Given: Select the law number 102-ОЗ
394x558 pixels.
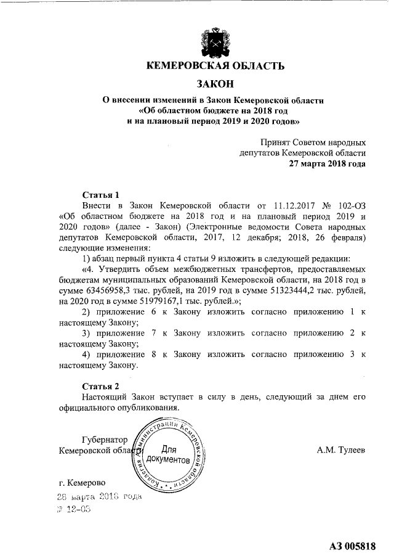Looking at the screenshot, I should pyautogui.click(x=353, y=205).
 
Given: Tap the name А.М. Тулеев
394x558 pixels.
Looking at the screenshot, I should pyautogui.click(x=341, y=451).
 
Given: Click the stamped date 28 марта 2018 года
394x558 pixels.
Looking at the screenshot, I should pyautogui.click(x=99, y=496).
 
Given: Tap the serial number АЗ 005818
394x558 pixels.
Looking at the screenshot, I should pyautogui.click(x=352, y=545).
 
